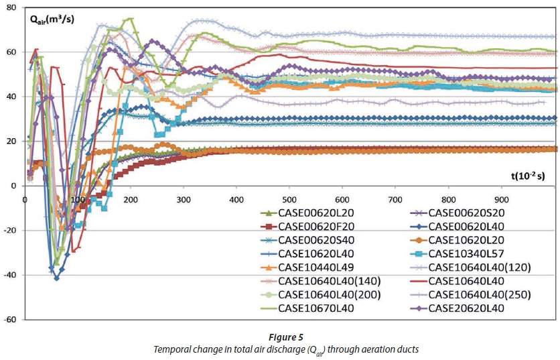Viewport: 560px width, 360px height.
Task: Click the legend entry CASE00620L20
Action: point(316,213)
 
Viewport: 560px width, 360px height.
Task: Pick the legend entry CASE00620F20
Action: point(316,227)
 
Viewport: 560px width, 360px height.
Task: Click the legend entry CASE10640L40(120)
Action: point(479,267)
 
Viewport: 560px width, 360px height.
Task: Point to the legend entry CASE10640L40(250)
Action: point(479,295)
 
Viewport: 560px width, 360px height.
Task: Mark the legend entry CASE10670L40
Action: point(316,309)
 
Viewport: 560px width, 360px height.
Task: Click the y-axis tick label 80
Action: point(13,7)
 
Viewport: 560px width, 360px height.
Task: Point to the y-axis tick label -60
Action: point(11,320)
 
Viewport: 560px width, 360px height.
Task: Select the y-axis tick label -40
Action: point(11,276)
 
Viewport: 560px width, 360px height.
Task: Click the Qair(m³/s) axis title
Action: point(52,19)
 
